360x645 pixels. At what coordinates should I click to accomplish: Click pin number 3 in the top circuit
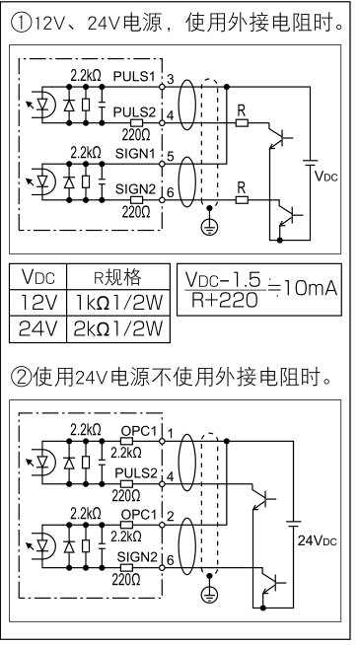pyautogui.click(x=171, y=78)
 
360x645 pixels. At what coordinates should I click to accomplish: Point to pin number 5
pyautogui.click(x=171, y=156)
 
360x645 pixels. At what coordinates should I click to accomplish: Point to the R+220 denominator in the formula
pyautogui.click(x=218, y=301)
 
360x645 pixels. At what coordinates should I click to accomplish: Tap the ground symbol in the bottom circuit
pyautogui.click(x=208, y=593)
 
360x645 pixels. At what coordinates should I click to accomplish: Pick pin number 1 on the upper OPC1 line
pyautogui.click(x=171, y=435)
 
